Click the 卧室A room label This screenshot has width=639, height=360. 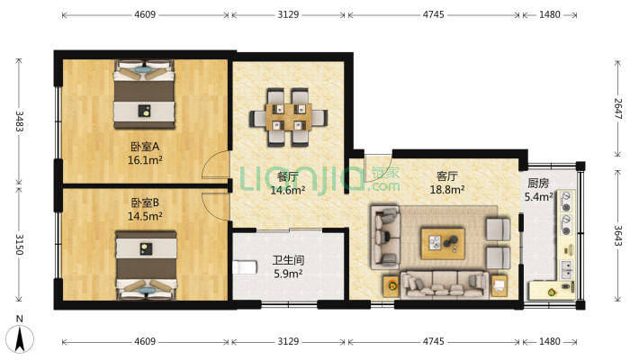click(x=145, y=147)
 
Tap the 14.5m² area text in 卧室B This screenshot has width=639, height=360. click(x=145, y=216)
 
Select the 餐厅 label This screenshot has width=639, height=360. click(x=288, y=176)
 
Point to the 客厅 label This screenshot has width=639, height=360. click(x=447, y=176)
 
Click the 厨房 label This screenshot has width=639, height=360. click(x=538, y=183)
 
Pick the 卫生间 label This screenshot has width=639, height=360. click(x=288, y=260)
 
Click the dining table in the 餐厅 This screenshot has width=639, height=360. click(x=289, y=117)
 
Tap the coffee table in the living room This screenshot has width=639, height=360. click(x=443, y=244)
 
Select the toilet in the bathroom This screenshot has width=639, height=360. click(x=245, y=267)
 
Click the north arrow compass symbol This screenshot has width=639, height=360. click(x=20, y=338)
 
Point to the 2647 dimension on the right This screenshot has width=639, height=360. click(x=617, y=108)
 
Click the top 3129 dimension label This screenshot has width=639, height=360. click(x=288, y=14)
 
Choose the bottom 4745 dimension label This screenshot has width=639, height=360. click(x=433, y=341)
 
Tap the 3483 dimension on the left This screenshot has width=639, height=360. click(x=19, y=121)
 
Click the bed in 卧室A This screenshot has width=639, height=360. click(x=144, y=94)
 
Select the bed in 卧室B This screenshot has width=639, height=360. click(x=147, y=265)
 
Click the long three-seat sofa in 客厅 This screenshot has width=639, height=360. click(x=445, y=285)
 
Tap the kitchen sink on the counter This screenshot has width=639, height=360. click(x=567, y=269)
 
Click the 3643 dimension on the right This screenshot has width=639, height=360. click(x=617, y=236)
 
